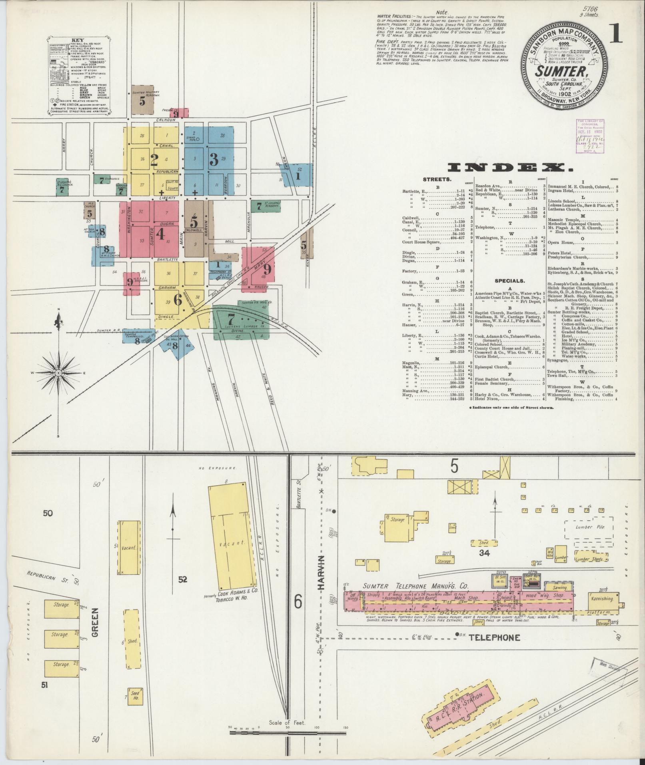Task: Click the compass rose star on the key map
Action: tap(58, 372)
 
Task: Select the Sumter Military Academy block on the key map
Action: tap(143, 99)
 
